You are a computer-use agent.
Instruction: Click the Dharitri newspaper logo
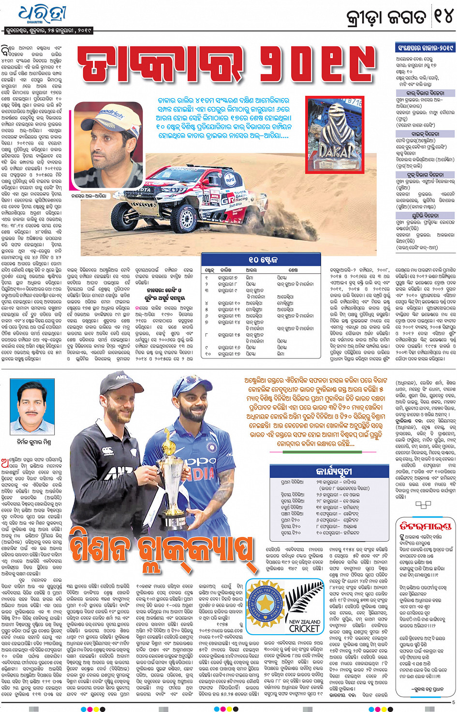click(43, 15)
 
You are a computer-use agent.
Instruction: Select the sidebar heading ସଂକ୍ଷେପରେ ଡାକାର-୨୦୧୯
click(425, 48)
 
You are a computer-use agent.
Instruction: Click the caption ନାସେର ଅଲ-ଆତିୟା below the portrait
click(89, 196)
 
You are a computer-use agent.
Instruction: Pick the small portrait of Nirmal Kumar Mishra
click(35, 411)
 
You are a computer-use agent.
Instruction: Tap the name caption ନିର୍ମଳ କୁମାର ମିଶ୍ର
click(33, 442)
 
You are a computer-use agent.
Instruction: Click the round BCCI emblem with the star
click(265, 604)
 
